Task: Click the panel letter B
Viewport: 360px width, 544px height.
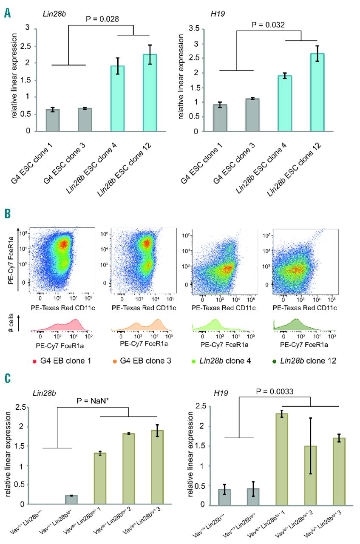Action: [7, 213]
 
